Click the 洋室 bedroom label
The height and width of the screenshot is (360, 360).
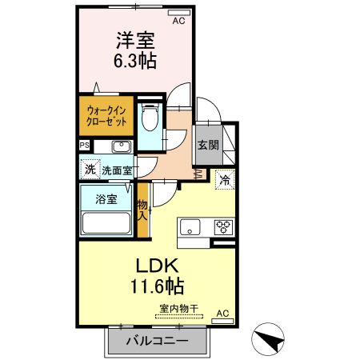click(135, 41)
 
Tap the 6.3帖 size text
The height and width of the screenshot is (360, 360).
click(135, 61)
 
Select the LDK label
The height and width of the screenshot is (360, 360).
click(157, 266)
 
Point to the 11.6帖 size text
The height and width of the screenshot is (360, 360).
click(157, 286)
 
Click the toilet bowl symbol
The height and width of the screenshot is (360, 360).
click(150, 117)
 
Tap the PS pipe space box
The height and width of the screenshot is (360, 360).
click(85, 146)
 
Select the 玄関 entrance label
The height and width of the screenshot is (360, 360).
click(208, 145)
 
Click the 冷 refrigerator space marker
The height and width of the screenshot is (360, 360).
click(225, 180)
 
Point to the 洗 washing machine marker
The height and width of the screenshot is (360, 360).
click(90, 169)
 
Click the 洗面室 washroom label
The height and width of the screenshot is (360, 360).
click(117, 170)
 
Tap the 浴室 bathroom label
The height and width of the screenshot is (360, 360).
click(106, 199)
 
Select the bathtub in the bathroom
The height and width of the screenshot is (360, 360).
click(106, 223)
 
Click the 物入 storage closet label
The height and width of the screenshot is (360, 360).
click(142, 210)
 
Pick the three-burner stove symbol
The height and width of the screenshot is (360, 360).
click(223, 227)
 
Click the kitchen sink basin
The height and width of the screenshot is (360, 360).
click(190, 227)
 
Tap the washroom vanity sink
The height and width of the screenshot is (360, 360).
click(122, 146)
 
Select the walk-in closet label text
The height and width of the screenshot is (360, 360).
click(106, 116)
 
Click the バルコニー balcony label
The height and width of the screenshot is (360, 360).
click(158, 341)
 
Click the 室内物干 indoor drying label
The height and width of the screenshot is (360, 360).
click(179, 309)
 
